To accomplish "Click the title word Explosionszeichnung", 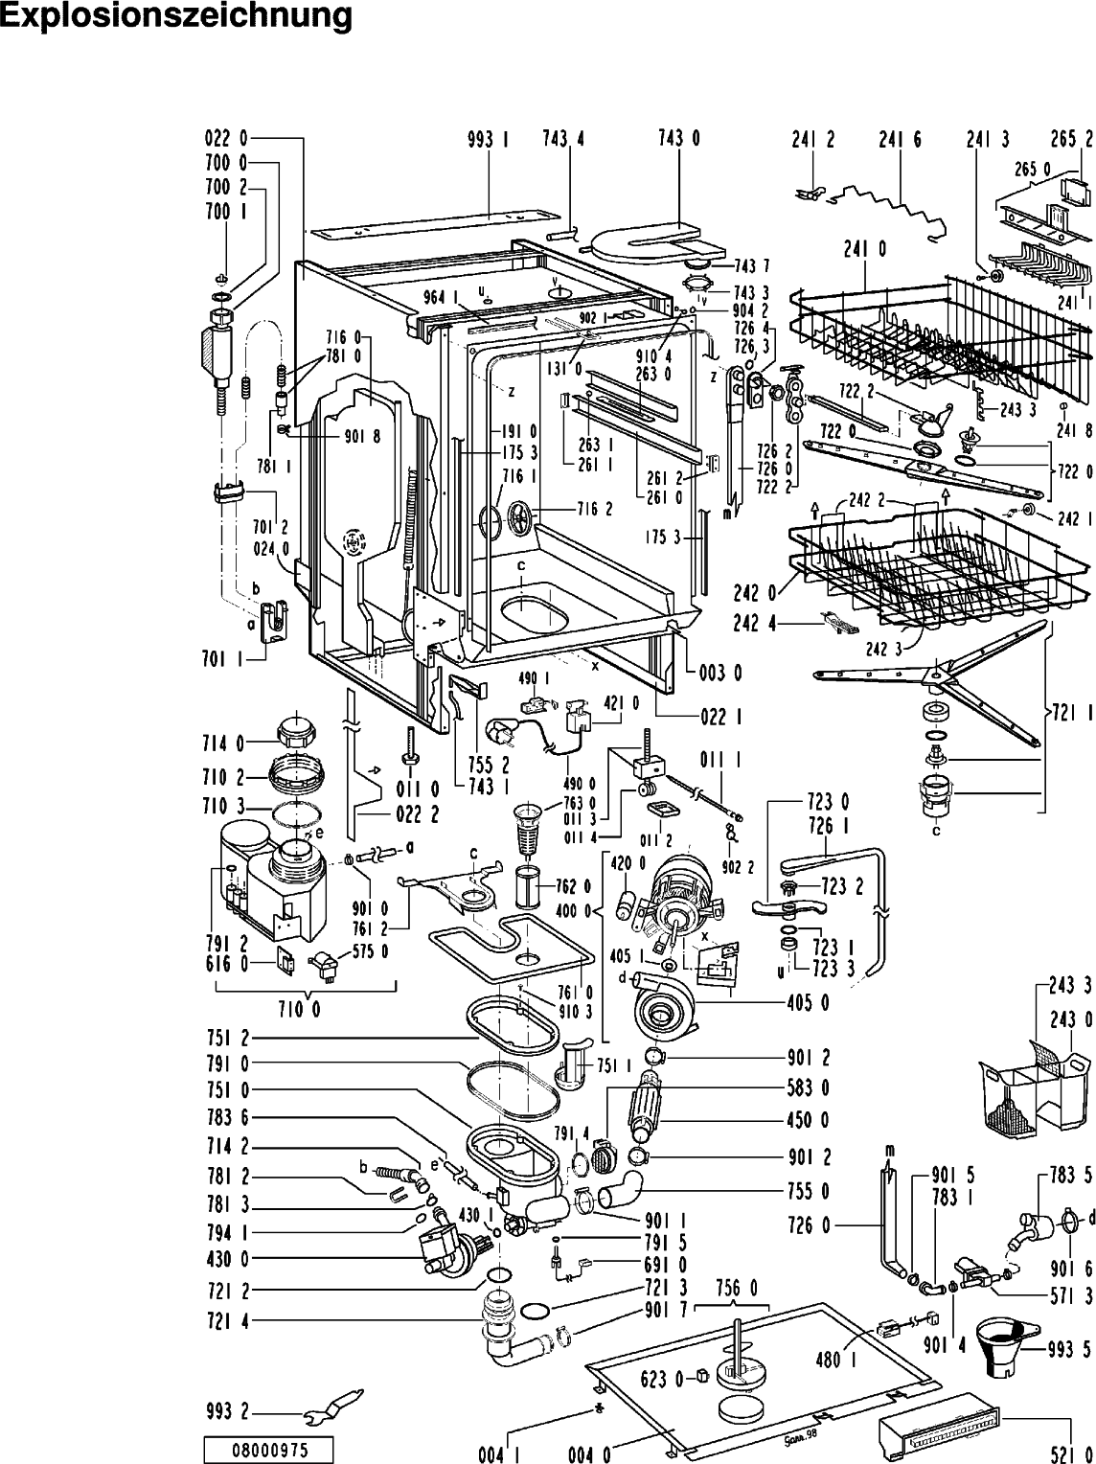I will point(176,16).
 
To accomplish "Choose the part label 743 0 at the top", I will point(678,139).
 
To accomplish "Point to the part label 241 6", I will point(900,139).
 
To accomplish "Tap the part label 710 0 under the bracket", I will point(305,1009).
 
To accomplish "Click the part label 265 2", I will point(1072,139).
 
